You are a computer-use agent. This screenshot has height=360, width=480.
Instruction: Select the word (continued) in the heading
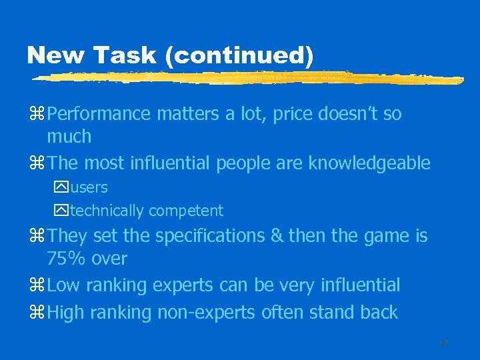pyautogui.click(x=242, y=56)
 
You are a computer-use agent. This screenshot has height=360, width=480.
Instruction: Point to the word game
pyautogui.click(x=377, y=237)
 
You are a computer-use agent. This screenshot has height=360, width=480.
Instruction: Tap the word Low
pyautogui.click(x=63, y=286)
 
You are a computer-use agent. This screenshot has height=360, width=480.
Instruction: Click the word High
pyautogui.click(x=65, y=312)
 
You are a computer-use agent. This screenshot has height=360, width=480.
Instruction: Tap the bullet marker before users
pyautogui.click(x=63, y=188)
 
